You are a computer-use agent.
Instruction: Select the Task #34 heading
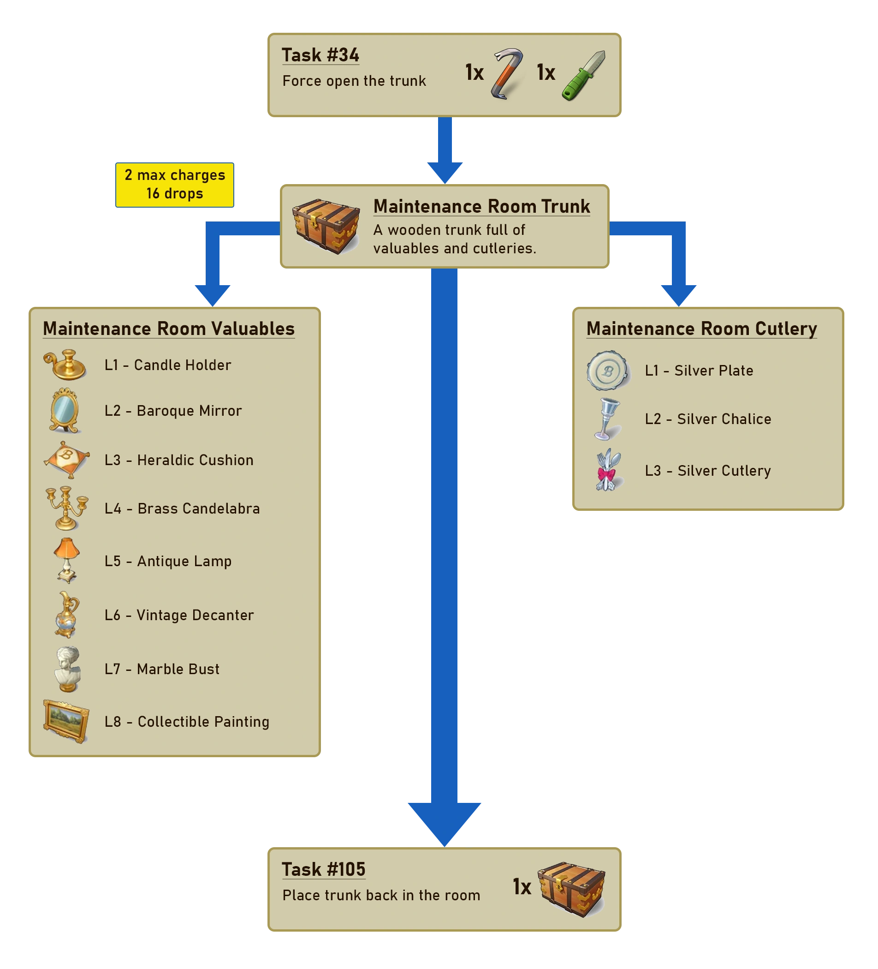[320, 55]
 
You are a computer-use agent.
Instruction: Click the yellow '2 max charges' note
[175, 185]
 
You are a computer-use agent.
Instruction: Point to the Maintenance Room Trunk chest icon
[326, 226]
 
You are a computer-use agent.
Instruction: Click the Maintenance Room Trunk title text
[481, 206]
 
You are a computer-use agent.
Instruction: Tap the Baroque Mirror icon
[65, 411]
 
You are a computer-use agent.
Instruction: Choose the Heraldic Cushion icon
[67, 460]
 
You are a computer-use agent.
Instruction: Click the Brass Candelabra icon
[67, 508]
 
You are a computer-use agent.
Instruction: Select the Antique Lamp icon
[67, 560]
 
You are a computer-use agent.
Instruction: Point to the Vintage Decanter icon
[67, 614]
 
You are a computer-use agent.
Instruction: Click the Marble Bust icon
[67, 669]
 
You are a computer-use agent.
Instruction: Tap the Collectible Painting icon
[66, 721]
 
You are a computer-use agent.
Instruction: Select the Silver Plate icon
[608, 370]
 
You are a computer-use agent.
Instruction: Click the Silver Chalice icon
[607, 419]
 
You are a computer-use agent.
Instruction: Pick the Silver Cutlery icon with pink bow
[608, 470]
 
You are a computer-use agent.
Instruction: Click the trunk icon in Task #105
[571, 889]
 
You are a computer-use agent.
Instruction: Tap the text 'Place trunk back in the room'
[381, 895]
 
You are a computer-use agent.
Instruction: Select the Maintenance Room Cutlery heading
[701, 328]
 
